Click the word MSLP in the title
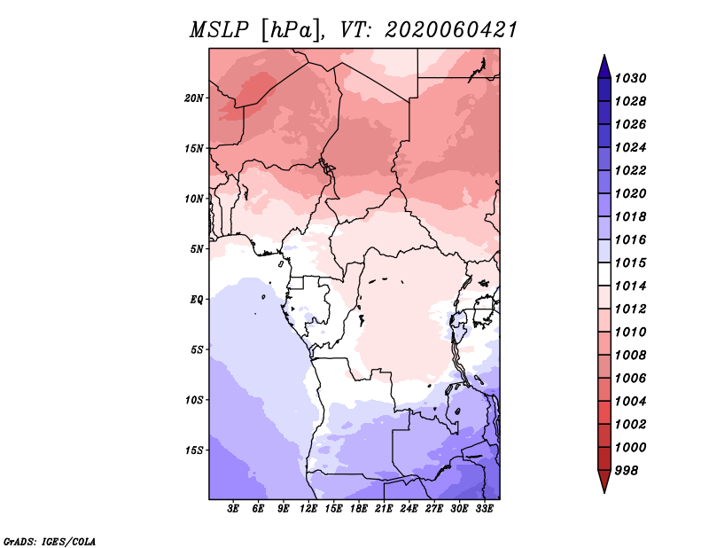click(219, 30)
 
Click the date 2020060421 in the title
click(451, 30)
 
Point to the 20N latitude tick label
click(194, 98)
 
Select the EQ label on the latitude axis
click(197, 300)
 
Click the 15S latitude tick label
click(194, 450)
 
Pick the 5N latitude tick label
click(197, 249)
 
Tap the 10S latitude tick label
click(194, 400)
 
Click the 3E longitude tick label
click(233, 509)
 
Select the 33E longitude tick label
click(484, 509)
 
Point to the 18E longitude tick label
click(359, 509)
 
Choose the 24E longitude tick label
click(409, 509)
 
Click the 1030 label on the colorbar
click(630, 78)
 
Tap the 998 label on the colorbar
click(627, 471)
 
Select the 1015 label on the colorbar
click(630, 262)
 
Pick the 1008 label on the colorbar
click(630, 356)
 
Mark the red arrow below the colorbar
click(604, 481)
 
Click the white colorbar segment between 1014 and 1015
click(604, 274)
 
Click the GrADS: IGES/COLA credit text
click(50, 542)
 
